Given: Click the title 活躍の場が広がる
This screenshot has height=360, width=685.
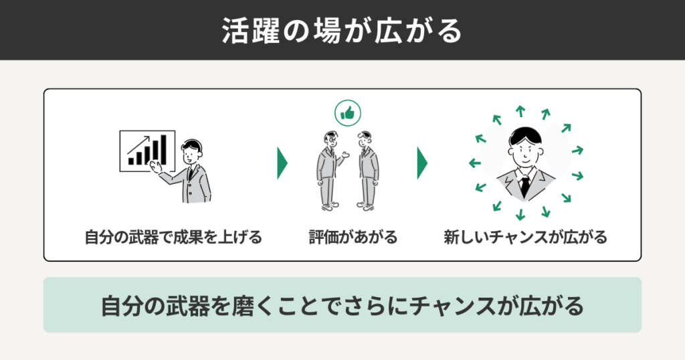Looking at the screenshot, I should (342, 31).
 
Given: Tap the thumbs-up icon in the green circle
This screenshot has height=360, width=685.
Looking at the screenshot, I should (347, 114).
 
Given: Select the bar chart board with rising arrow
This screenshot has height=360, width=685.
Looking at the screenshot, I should (146, 151).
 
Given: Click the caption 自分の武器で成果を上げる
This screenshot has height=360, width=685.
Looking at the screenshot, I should (173, 237).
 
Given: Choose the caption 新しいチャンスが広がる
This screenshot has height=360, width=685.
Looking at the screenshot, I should (525, 237).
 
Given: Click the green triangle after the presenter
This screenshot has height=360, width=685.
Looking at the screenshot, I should (282, 163).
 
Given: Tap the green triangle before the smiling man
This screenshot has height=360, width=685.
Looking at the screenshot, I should (422, 163).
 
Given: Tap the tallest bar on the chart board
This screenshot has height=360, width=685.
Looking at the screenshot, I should (161, 151).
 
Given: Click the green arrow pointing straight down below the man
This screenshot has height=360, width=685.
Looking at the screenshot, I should (521, 214).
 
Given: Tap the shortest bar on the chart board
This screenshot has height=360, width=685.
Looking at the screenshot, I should (132, 161).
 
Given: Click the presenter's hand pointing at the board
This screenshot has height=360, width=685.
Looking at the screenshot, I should (155, 165).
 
